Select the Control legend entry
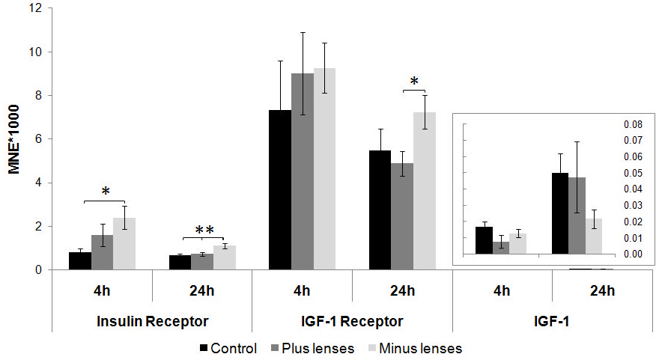(x=228, y=348)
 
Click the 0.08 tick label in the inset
(x=633, y=124)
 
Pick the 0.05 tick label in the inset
(x=633, y=173)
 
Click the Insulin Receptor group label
(x=152, y=321)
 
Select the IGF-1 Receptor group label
(x=353, y=321)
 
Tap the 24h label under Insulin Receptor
(x=202, y=291)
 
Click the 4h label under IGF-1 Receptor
(x=303, y=291)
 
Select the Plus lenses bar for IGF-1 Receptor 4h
(x=303, y=171)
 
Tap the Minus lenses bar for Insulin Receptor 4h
(x=124, y=243)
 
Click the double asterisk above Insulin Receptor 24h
(x=204, y=231)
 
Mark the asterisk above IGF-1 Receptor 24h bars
(x=413, y=82)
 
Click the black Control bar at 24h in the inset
(x=560, y=213)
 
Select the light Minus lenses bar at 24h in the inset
(x=593, y=236)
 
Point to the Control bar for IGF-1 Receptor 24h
(x=380, y=210)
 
